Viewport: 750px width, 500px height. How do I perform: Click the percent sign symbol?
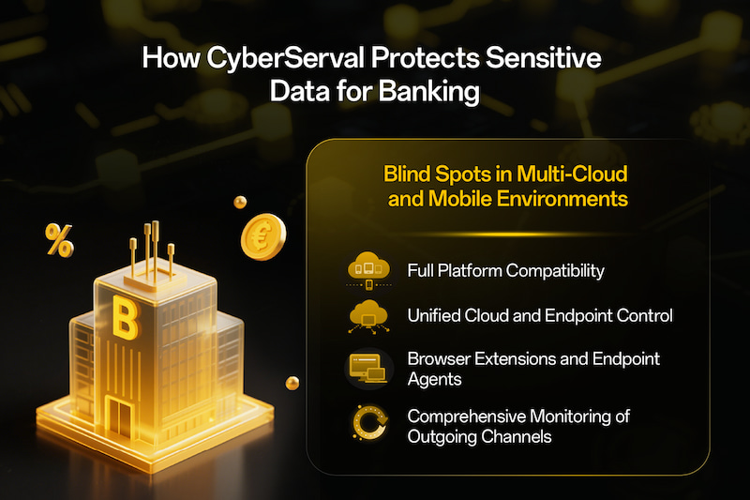(58, 243)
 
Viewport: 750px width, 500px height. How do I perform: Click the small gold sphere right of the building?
(292, 381)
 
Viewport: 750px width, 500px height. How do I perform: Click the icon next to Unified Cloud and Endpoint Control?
(367, 317)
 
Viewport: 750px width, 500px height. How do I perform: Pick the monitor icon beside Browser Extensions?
(367, 368)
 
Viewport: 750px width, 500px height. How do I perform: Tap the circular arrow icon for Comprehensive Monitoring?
(367, 423)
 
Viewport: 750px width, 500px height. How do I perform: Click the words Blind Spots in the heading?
(426, 174)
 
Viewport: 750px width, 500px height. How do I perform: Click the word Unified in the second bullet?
(434, 316)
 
